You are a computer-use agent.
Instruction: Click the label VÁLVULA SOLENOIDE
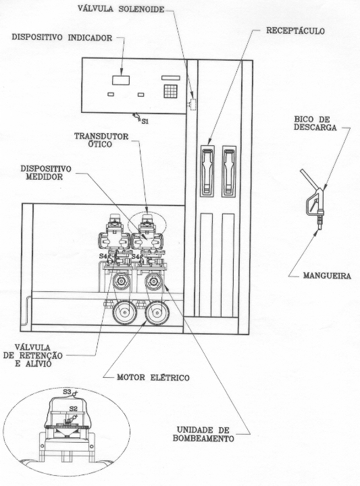coord(121,9)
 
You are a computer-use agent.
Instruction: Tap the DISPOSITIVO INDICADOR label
coord(62,37)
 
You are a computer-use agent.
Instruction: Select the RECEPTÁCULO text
coord(295,31)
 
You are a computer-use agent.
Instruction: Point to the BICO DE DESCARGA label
coord(315,124)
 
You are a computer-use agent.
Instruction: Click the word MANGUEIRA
coord(327,276)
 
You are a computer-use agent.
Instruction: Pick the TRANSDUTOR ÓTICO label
coord(101,141)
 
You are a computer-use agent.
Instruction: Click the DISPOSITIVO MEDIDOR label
coord(46,172)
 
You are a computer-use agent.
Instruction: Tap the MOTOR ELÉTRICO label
coord(153,378)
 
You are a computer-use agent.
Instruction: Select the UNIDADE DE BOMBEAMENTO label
coord(203,434)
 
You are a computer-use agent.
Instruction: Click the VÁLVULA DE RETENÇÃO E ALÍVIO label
coord(33,355)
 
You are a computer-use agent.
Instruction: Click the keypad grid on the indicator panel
coord(170,91)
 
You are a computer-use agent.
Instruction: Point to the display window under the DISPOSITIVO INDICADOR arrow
coord(121,80)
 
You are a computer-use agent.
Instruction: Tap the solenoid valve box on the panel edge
coord(193,105)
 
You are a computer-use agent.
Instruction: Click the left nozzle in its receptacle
coord(207,171)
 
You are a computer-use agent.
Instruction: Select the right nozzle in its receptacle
coord(229,171)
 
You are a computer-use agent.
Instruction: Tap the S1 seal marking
coord(145,122)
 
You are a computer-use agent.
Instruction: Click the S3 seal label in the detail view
coord(67,392)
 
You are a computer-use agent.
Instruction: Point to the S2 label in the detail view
coord(73,408)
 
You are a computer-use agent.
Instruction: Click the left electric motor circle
coord(124,313)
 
